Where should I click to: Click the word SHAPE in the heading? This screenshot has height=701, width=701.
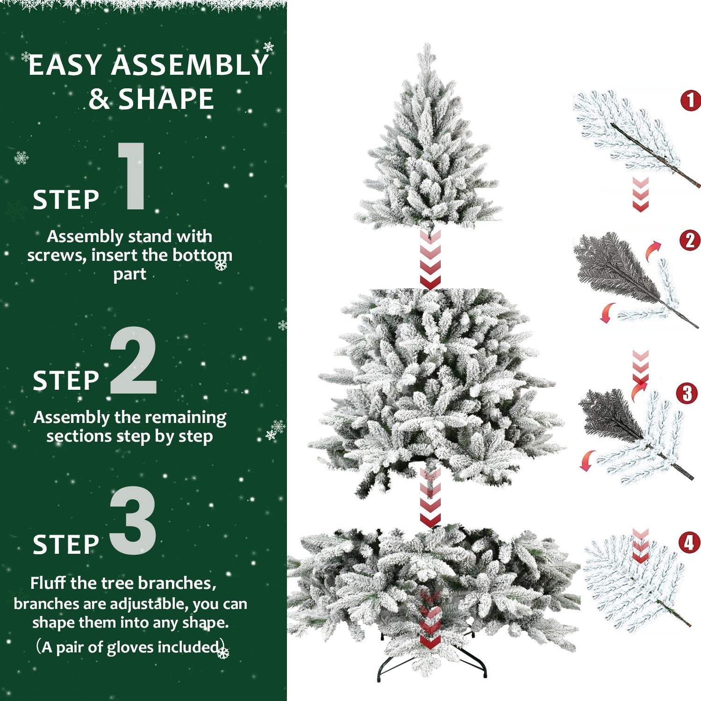coord(166,99)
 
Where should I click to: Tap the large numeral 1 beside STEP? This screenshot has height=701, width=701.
coord(132,177)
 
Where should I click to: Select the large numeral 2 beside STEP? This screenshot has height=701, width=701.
coord(133,361)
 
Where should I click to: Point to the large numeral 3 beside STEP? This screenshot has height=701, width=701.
coord(133,521)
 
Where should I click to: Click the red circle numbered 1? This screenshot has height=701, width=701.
coord(691,100)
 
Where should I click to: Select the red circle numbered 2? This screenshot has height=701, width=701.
coord(690,241)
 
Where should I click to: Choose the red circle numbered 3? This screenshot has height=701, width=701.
coord(687,393)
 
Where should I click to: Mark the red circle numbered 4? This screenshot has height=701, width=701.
coord(689,543)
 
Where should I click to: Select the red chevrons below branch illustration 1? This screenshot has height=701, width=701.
coord(640,194)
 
